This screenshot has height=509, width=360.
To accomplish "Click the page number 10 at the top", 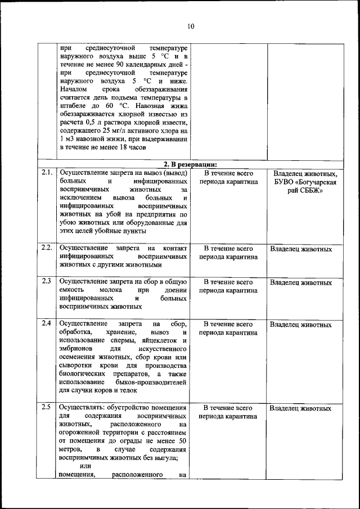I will [x=190, y=26].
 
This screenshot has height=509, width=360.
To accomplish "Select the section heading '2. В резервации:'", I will [x=190, y=164].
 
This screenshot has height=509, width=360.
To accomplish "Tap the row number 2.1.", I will [x=47, y=173].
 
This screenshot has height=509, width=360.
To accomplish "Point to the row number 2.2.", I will [x=47, y=248].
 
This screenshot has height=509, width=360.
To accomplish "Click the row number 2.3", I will [x=46, y=281].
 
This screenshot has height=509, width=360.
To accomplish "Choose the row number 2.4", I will [x=46, y=323].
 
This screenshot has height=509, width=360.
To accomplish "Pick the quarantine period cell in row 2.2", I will [x=228, y=253].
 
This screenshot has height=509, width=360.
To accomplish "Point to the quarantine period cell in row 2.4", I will [x=228, y=328].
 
